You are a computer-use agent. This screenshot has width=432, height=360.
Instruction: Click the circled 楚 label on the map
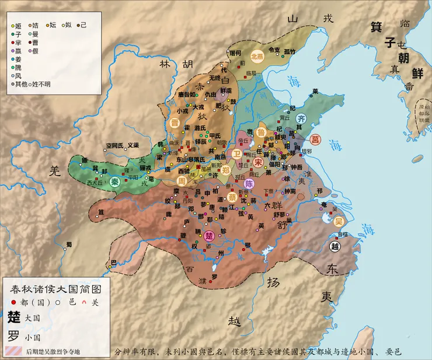point(210,236)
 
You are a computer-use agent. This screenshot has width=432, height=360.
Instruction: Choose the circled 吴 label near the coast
point(339,221)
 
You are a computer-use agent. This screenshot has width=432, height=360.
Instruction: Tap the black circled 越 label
point(335,246)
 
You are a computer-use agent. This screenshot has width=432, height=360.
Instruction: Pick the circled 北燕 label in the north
point(257,57)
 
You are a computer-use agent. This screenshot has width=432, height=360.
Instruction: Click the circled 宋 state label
point(258,162)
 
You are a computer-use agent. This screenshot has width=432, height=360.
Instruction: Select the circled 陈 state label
point(248,183)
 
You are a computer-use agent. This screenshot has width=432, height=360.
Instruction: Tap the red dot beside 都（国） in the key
point(13,302)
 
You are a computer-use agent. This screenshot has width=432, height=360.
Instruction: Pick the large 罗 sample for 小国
point(13,335)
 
